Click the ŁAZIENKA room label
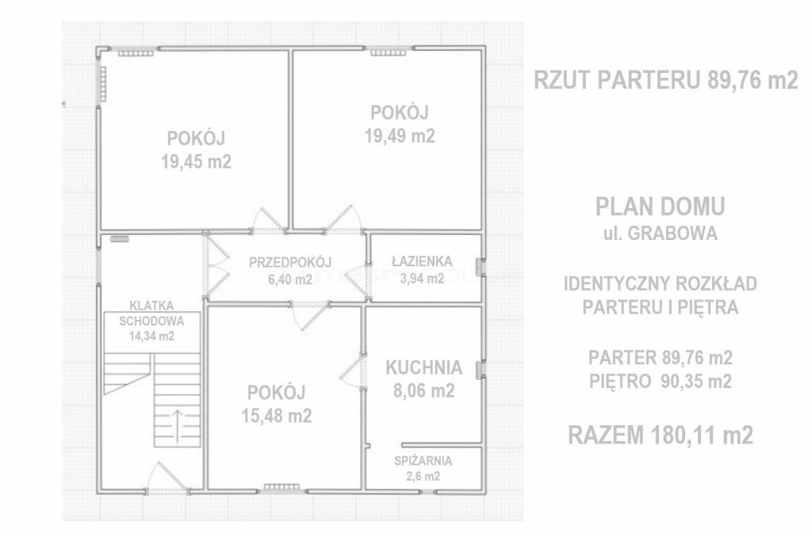422,261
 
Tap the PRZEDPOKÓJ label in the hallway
290,263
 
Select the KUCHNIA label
424,368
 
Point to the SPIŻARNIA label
423,460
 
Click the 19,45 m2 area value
197,162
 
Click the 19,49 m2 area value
400,136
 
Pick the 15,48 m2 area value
277,416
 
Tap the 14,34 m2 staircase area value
151,337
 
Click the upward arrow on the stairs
177,426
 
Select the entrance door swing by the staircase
167,476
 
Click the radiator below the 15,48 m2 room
282,487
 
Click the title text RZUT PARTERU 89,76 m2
666,80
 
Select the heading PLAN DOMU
661,207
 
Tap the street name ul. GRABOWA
661,234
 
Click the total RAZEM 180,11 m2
661,435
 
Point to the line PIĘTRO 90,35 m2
661,381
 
